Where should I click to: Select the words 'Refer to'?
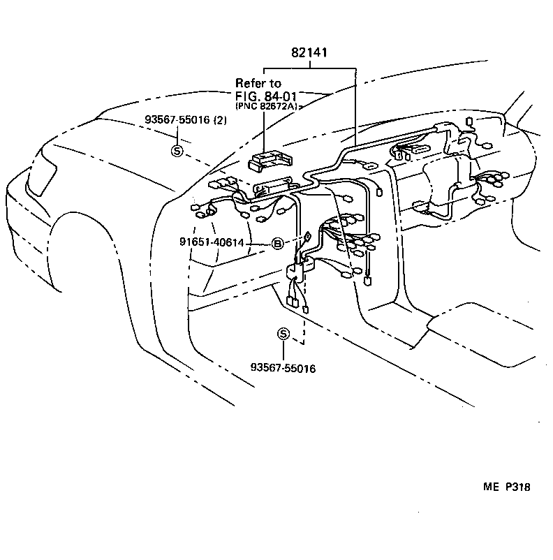(258, 83)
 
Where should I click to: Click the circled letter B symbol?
(277, 243)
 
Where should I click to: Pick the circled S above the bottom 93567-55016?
(283, 333)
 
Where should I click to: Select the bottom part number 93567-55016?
(282, 367)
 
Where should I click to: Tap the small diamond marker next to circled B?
(307, 237)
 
